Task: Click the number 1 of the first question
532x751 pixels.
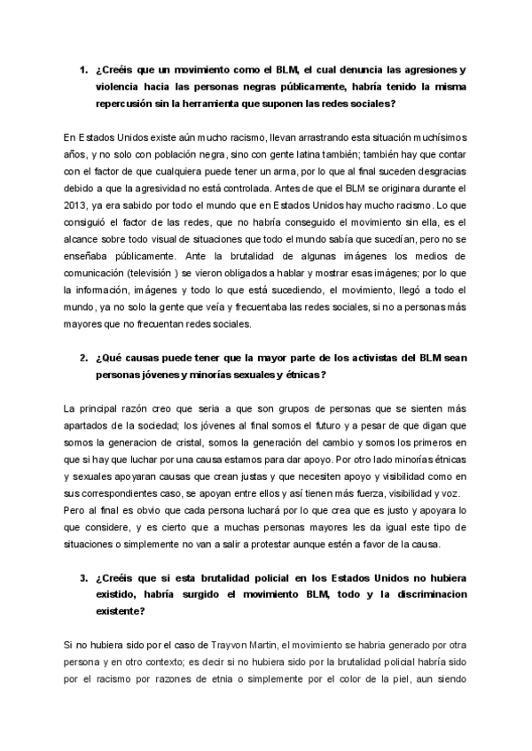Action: coord(83,70)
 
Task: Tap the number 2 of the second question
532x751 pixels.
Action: coord(83,357)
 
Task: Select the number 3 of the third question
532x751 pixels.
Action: coord(83,577)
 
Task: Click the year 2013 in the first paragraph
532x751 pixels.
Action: coord(77,205)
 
